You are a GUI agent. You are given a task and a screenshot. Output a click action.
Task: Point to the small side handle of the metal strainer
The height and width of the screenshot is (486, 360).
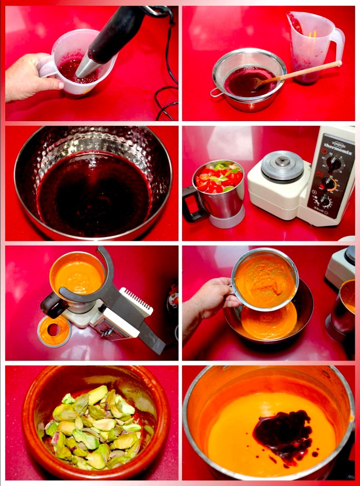(217, 92)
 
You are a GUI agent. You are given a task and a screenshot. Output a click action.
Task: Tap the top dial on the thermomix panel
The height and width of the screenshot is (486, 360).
(333, 163)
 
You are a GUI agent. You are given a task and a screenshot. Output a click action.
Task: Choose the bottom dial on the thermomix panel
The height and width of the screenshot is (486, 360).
(325, 201)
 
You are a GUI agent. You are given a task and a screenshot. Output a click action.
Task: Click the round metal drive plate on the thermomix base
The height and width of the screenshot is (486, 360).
(282, 167)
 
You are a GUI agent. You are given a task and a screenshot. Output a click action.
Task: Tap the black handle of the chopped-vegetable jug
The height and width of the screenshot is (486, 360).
(191, 204)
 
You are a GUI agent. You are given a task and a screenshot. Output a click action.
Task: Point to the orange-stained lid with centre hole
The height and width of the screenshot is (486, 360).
(54, 330)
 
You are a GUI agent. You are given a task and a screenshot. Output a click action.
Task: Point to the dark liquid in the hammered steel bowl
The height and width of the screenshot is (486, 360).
(93, 195)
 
